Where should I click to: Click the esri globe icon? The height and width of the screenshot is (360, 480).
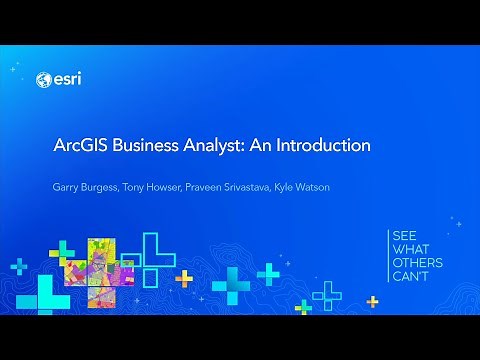coord(43,80)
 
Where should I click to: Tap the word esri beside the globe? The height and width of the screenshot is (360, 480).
coord(66,80)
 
